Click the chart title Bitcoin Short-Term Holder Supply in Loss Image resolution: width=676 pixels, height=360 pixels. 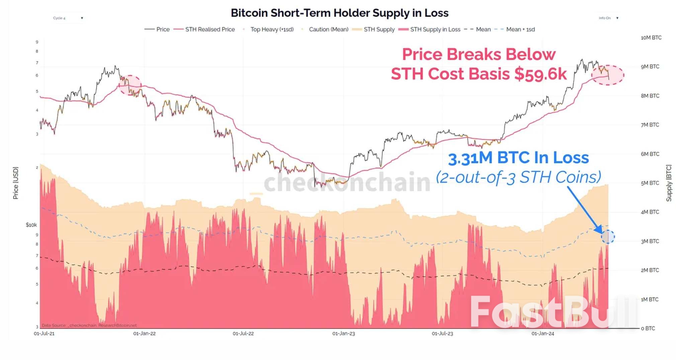(x=339, y=13)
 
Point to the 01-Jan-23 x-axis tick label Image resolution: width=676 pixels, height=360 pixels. (x=343, y=334)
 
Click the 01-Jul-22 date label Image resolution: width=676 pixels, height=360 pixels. (x=243, y=334)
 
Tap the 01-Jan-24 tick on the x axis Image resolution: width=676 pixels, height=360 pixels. (x=543, y=334)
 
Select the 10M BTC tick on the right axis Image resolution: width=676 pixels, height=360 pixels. (x=651, y=38)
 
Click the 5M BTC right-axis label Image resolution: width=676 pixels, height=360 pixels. (x=650, y=183)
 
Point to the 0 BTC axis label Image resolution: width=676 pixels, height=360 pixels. (x=648, y=329)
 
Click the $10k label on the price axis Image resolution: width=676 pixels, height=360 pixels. (x=31, y=225)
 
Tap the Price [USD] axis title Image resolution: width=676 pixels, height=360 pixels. (x=16, y=183)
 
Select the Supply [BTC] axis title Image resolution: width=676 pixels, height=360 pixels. (x=669, y=183)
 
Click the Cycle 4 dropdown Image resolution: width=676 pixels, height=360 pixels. (x=68, y=18)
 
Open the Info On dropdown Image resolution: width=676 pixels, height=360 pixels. (x=608, y=18)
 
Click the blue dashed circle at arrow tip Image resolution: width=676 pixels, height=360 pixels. (x=608, y=237)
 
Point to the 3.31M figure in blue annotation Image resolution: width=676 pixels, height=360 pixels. (x=470, y=158)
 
